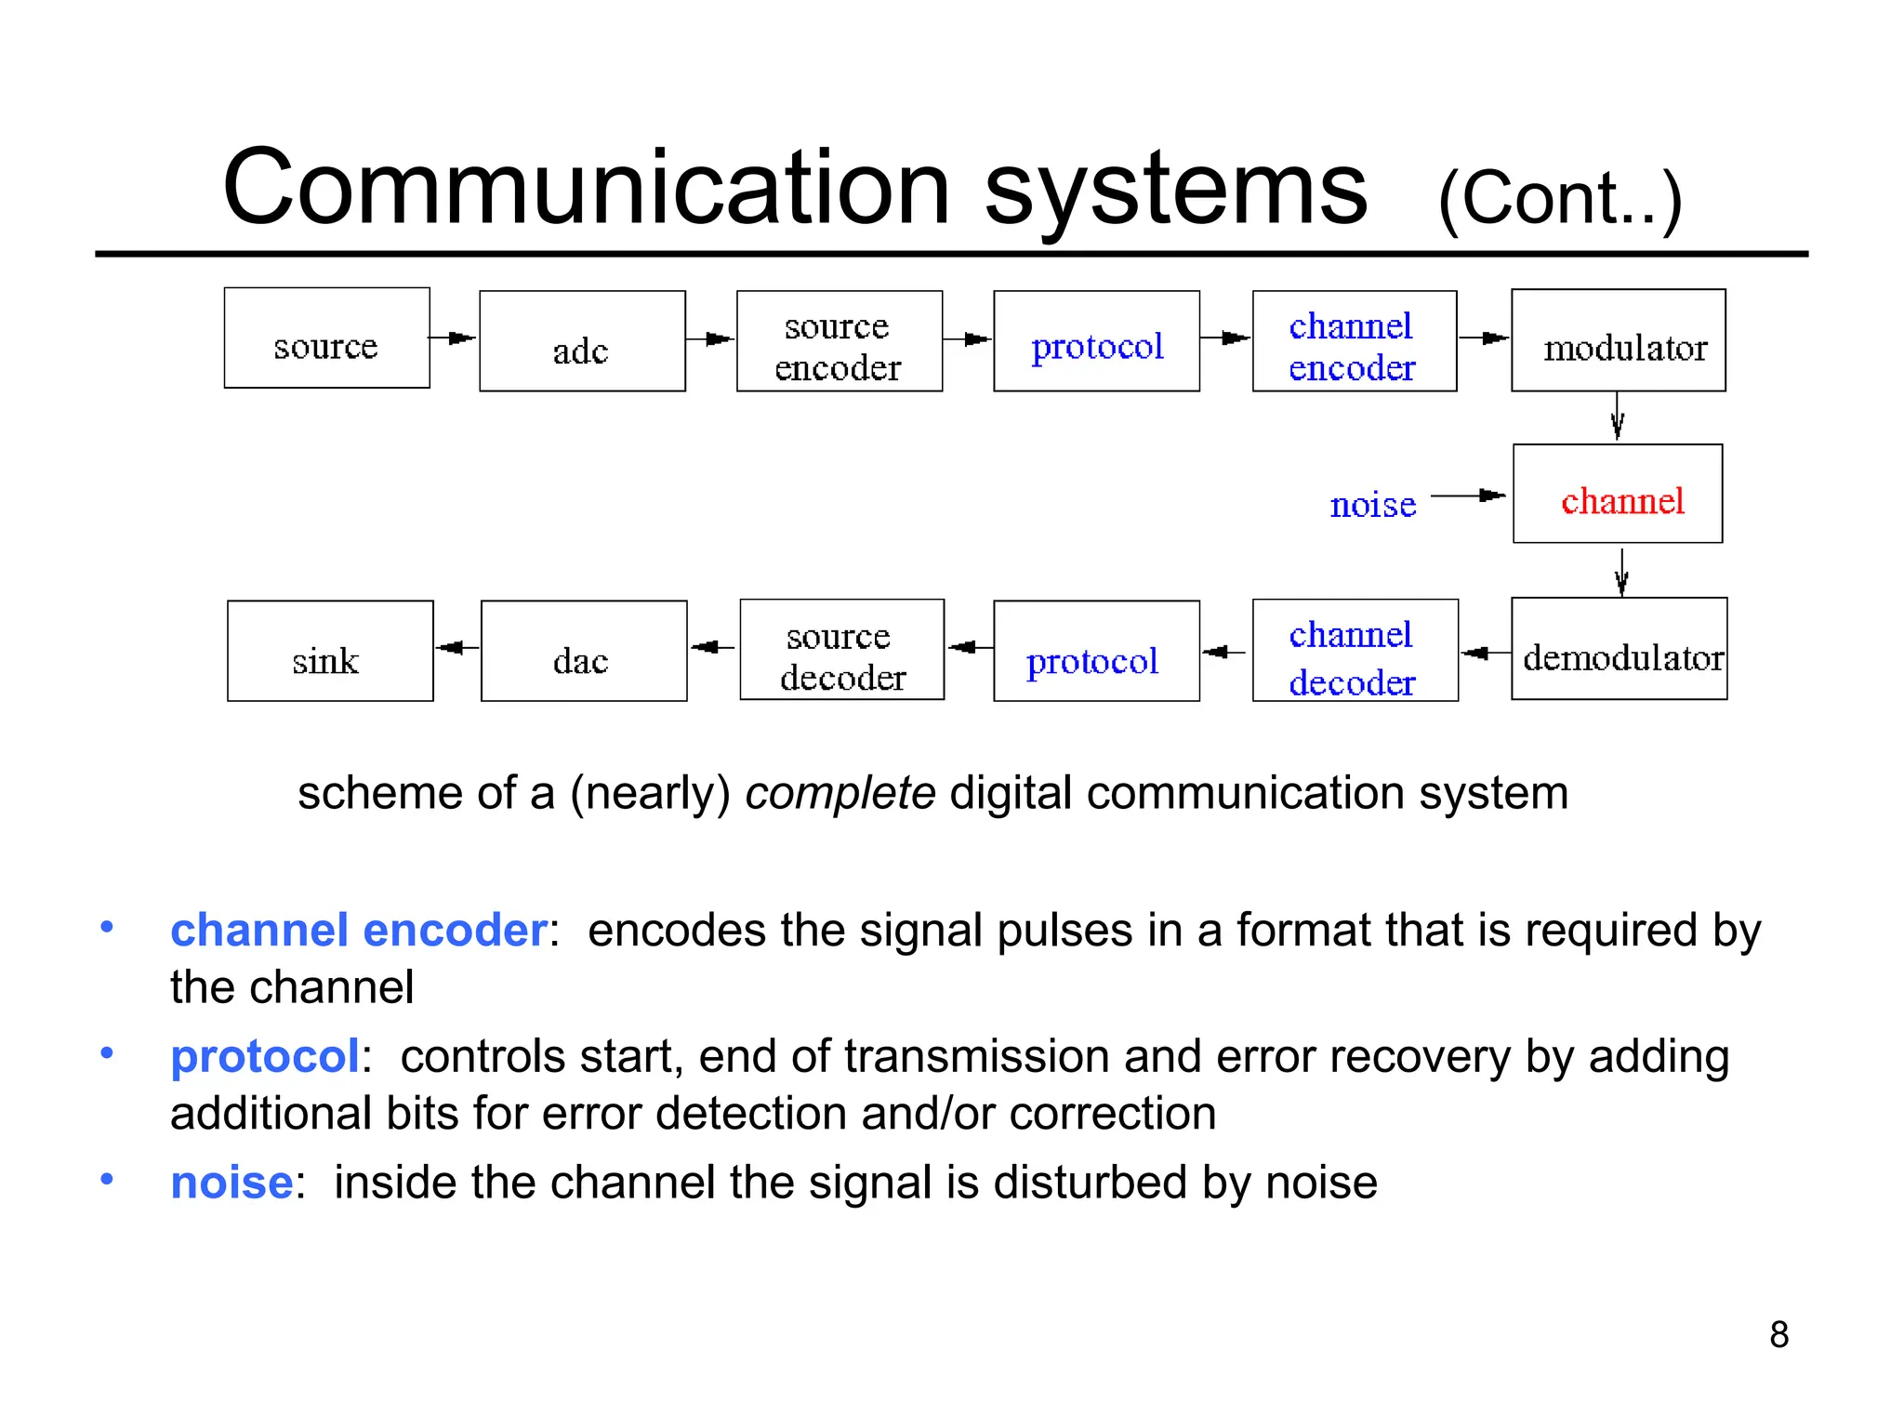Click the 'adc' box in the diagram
[582, 341]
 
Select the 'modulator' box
[1618, 340]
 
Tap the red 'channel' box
[1618, 494]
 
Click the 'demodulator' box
[1619, 649]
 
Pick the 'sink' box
[330, 651]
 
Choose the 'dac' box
[584, 651]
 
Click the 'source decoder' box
[841, 650]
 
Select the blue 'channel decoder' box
[1355, 651]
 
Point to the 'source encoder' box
[839, 341]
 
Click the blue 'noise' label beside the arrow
[1372, 505]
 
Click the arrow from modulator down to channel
[1618, 416]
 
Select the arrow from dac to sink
[456, 647]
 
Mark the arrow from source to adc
[453, 338]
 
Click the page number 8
[1778, 1335]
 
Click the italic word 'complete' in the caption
[840, 793]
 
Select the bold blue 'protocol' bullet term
[265, 1056]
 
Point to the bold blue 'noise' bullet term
[231, 1183]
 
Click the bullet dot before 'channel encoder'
[107, 927]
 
